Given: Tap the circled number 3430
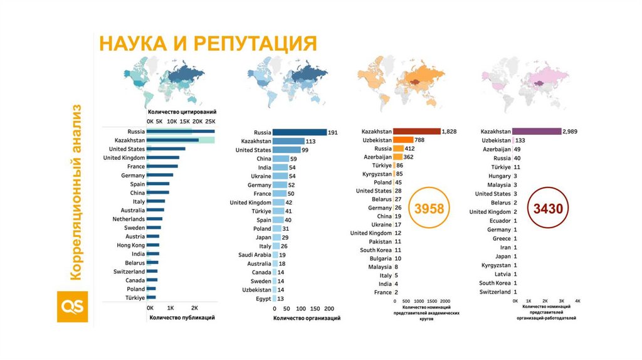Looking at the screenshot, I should [x=548, y=208].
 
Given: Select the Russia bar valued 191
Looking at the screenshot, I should [x=300, y=132].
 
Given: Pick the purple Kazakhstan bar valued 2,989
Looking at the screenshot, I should [x=537, y=131].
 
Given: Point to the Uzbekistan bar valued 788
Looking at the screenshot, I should [x=403, y=140].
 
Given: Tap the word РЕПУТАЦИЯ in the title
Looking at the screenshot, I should [x=254, y=44].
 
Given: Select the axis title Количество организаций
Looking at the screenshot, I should [x=307, y=319].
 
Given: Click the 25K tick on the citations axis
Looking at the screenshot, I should [x=210, y=121].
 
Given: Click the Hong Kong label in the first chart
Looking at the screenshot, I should [x=130, y=245].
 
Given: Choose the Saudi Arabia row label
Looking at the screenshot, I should [x=255, y=255].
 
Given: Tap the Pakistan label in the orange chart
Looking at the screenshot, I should [x=380, y=241].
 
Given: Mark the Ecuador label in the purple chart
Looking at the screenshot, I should [x=500, y=221].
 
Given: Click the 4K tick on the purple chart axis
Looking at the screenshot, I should [x=577, y=302].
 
